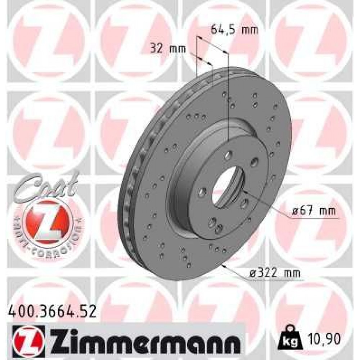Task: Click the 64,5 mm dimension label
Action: click(x=234, y=30)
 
